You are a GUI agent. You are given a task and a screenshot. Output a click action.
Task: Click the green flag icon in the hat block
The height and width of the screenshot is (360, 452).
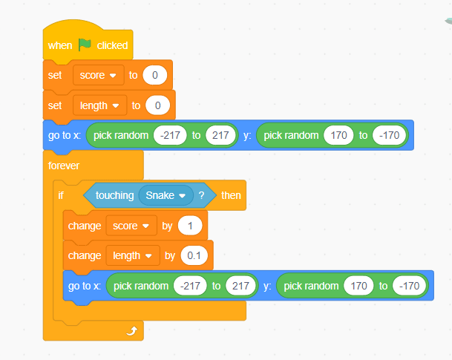coord(85,45)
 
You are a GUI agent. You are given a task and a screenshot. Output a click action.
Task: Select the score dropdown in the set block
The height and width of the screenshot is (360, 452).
coord(99,75)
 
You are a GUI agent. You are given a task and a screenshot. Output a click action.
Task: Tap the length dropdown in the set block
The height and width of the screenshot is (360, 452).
coord(99,105)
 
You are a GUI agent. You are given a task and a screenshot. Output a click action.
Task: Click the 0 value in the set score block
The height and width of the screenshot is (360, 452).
coord(155,75)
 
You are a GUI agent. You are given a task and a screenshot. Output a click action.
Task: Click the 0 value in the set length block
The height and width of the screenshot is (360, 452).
coord(157,105)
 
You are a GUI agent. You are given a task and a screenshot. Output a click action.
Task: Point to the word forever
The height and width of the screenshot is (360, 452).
coord(64,166)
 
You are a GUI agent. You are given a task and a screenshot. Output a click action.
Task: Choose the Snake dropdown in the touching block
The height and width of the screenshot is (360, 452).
coord(166,195)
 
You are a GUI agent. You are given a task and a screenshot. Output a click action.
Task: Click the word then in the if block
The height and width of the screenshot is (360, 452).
coord(231,195)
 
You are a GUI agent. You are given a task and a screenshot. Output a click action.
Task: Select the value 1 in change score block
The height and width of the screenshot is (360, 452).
coord(190,226)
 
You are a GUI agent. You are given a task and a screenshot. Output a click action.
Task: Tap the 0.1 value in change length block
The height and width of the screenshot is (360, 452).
coord(194,255)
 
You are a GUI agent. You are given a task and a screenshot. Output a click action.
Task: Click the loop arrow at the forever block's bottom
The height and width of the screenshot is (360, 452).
coord(132,331)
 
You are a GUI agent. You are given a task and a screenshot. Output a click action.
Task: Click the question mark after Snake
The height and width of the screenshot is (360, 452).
coord(201,195)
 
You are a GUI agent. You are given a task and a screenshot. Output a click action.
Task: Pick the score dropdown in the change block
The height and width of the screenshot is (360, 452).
coord(131,226)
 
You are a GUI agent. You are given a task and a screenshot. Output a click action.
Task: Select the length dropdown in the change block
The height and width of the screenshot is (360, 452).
coord(133,255)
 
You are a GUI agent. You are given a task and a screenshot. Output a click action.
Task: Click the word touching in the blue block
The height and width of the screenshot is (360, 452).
coord(115,196)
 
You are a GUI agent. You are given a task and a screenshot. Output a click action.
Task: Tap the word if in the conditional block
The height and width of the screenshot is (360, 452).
coord(61,195)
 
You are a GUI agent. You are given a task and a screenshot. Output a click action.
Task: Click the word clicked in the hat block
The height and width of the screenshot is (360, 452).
coord(112,45)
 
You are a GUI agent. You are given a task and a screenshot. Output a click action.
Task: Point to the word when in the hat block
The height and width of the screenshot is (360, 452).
coord(60,45)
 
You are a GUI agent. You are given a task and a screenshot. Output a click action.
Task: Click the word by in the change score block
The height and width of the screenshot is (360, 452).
coord(167,226)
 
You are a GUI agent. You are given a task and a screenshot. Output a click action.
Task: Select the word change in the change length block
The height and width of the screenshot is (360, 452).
coord(85,256)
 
